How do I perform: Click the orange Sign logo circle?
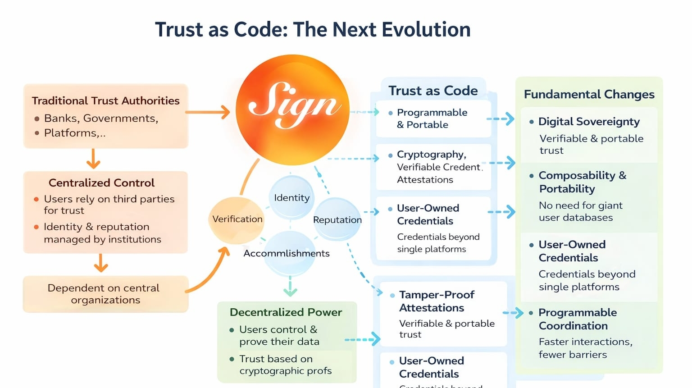point(292,110)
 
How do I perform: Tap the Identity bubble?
point(291,198)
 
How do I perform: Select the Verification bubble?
point(237,219)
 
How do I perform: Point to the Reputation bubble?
point(337,220)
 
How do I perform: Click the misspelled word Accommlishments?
point(286,253)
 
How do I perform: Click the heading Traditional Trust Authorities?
point(105,100)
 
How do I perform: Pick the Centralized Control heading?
point(101,183)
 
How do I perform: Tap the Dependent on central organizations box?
point(105,294)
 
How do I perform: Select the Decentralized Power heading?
point(286,312)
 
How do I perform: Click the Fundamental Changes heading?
point(589,94)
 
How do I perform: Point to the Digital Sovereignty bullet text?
point(589,122)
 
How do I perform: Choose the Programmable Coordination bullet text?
point(578,319)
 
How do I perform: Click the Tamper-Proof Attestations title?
point(436,301)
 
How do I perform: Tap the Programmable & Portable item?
point(432,119)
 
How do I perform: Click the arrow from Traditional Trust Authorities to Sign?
point(208,112)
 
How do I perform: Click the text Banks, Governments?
point(101,119)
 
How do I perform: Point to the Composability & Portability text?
point(582,182)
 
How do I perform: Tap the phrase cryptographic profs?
point(285,371)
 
